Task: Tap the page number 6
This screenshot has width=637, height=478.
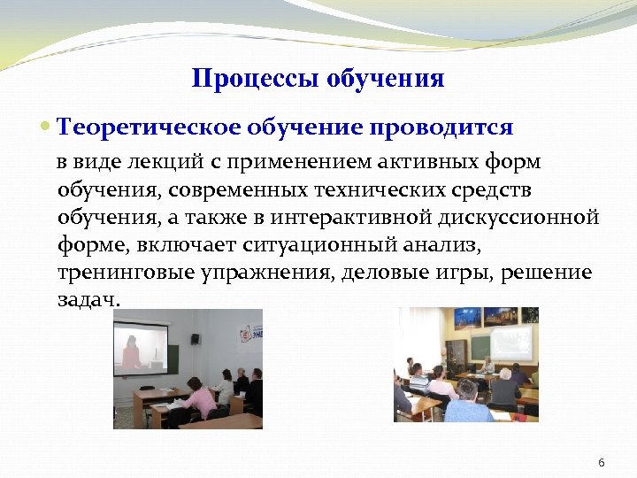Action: point(602,463)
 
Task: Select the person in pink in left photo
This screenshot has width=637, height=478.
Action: point(200,403)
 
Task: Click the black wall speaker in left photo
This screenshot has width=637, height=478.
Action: point(195,338)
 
